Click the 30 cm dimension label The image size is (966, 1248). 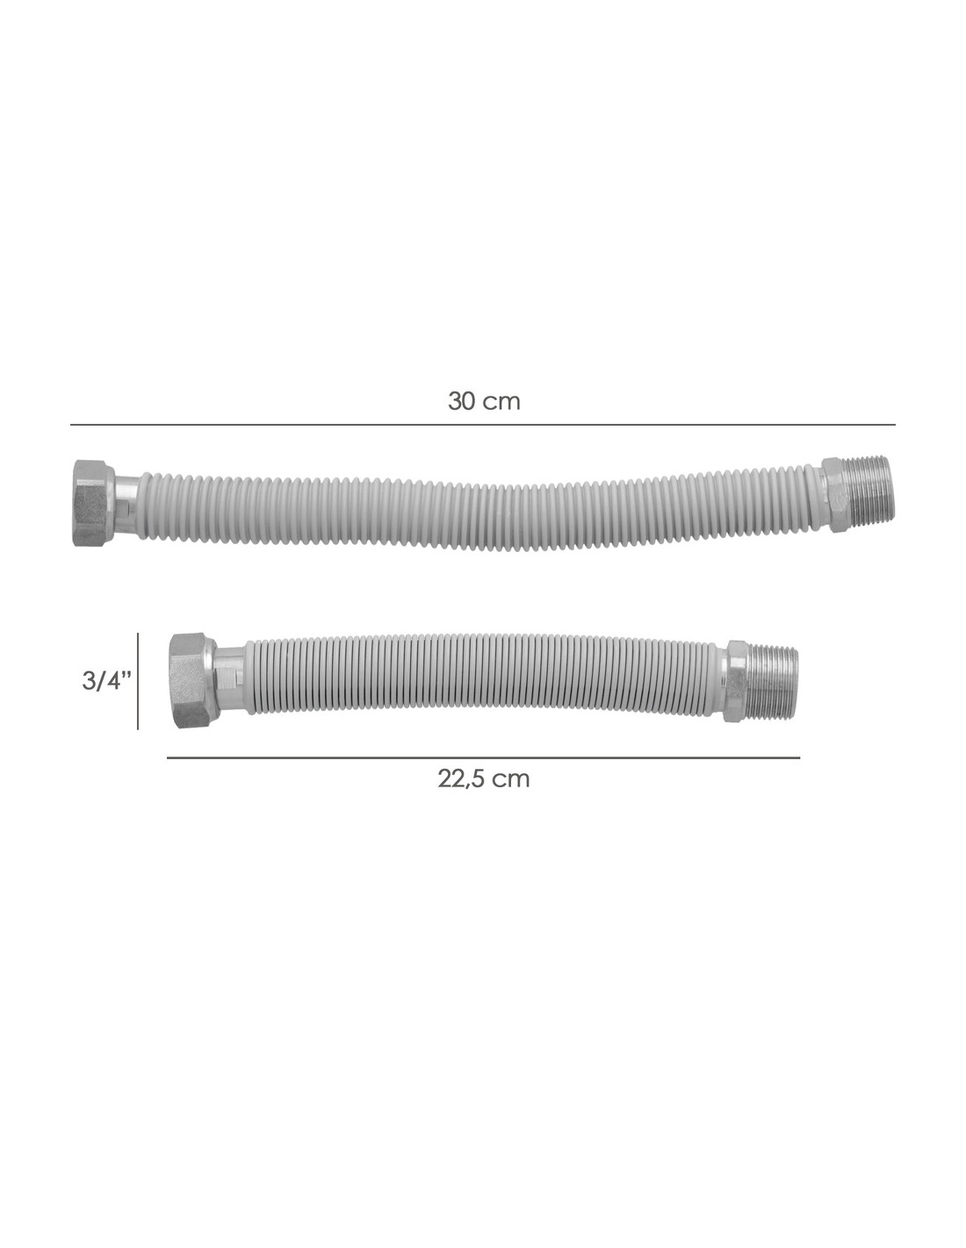tap(484, 401)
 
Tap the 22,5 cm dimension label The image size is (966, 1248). tap(483, 778)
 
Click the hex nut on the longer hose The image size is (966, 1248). tap(96, 503)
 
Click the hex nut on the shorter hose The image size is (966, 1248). tap(193, 680)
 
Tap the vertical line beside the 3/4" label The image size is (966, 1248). tap(138, 681)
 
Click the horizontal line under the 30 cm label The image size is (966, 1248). tap(483, 425)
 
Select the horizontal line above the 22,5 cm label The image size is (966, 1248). tap(483, 757)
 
